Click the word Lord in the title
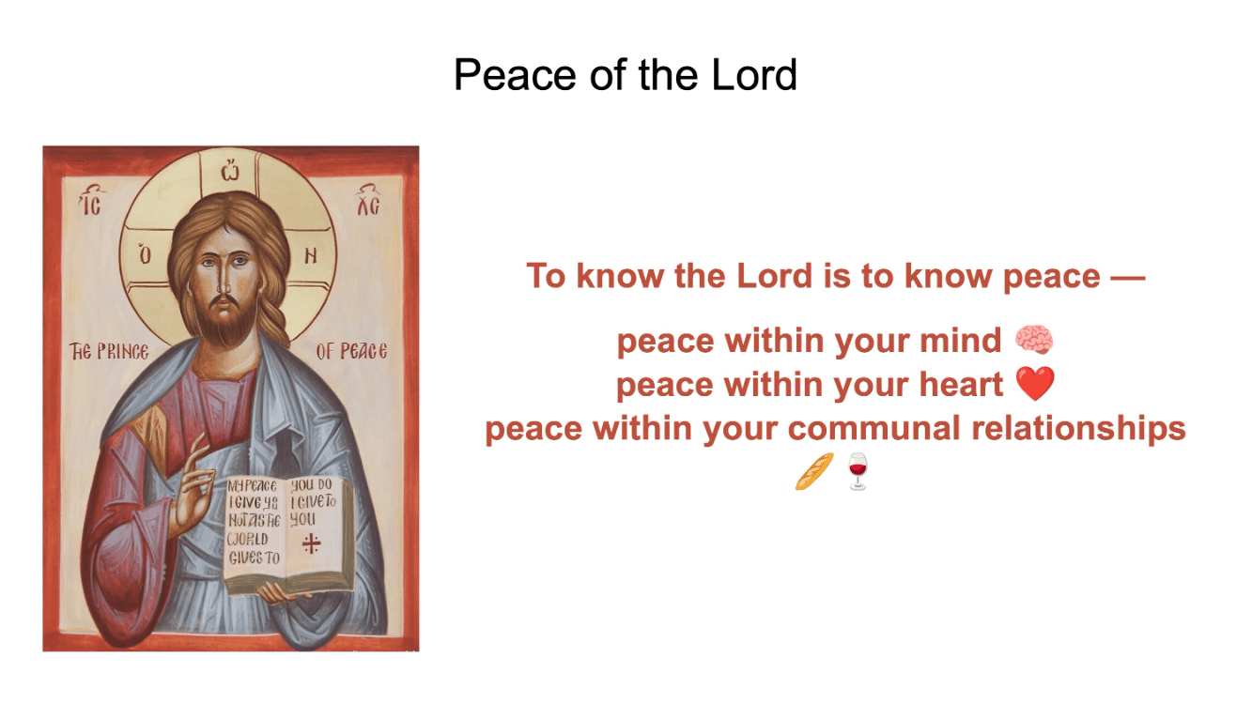(754, 75)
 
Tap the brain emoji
(1034, 340)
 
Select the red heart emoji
(1035, 384)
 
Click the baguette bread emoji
(814, 472)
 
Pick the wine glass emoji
(858, 472)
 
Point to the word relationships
(1079, 429)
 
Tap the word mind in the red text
(960, 340)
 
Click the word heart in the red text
(962, 384)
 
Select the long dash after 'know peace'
(1128, 276)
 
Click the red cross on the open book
(311, 543)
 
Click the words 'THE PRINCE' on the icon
(109, 351)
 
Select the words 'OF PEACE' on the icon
(351, 351)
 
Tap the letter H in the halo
(310, 255)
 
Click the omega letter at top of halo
(230, 170)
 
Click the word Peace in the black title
(514, 75)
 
